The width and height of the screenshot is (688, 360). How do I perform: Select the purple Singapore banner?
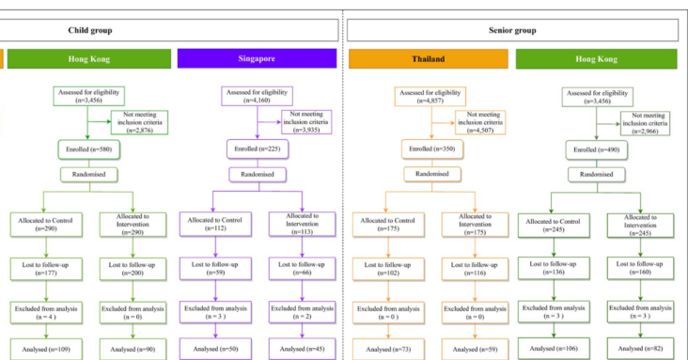point(257,59)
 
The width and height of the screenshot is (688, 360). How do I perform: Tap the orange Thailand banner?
point(427,59)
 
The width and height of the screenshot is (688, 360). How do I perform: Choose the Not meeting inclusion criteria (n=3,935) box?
point(308,121)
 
